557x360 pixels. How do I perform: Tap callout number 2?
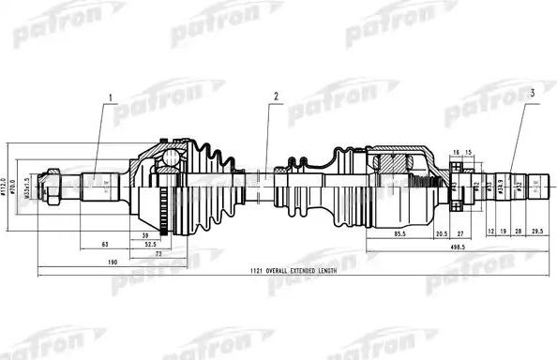[277, 97]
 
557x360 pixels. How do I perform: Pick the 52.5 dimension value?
[149, 244]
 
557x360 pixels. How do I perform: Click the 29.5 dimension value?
[537, 229]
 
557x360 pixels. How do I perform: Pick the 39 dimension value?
[144, 234]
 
